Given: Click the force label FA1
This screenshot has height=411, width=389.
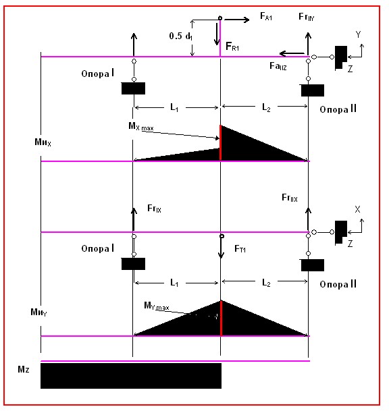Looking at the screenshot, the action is click(x=266, y=16).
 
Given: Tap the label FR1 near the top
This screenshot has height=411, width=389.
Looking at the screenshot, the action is click(x=232, y=47).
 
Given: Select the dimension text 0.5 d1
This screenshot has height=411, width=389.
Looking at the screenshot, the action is click(x=181, y=36).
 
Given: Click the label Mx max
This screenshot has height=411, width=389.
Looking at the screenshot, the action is click(x=141, y=127).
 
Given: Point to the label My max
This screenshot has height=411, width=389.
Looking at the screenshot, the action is click(x=157, y=306).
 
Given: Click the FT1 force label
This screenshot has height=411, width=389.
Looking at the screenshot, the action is click(x=240, y=248).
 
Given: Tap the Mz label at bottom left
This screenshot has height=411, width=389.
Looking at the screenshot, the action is click(x=24, y=370).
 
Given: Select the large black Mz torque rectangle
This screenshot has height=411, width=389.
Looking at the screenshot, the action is click(x=131, y=376).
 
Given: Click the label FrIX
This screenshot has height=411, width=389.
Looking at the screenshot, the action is click(x=154, y=209).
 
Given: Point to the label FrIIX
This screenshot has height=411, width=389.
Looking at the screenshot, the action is click(x=290, y=198).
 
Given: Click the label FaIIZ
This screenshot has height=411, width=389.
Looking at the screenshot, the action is click(x=278, y=65).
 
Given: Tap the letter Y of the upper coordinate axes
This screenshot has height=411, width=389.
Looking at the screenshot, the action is click(x=358, y=34).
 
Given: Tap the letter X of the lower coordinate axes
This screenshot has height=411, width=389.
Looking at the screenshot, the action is click(x=357, y=209).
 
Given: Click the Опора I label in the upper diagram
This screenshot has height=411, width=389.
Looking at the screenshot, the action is click(x=97, y=73).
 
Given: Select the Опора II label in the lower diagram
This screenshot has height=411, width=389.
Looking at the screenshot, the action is click(x=338, y=284).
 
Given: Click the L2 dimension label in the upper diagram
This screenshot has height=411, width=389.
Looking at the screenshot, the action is click(x=266, y=107).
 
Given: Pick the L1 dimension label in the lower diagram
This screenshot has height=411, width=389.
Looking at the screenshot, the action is click(x=174, y=283).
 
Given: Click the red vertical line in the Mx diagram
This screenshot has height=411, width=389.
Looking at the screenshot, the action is click(x=221, y=142).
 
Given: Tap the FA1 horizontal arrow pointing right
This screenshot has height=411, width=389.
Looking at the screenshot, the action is click(x=237, y=20).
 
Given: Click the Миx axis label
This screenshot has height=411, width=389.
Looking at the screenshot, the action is click(x=43, y=142).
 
